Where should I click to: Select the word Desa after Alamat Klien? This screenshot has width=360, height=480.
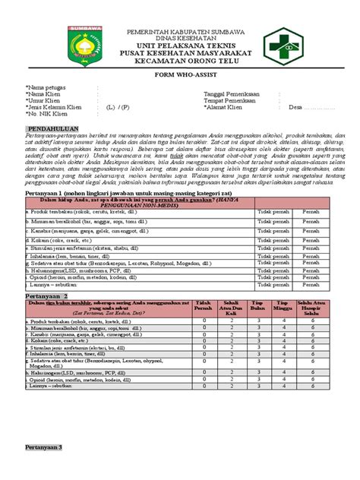(297, 108)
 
